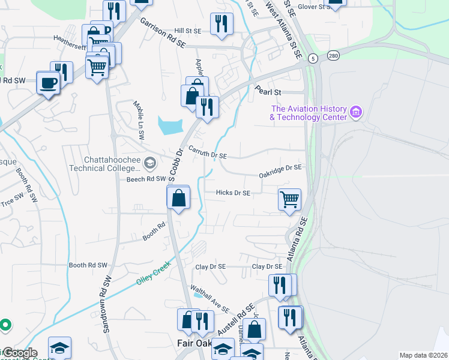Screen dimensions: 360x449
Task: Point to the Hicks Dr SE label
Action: pos(234,193)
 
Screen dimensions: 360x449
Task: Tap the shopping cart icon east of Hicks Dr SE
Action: pos(290,199)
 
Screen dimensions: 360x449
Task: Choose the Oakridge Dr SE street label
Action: pos(280,170)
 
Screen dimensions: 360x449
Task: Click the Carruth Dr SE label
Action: pos(207,152)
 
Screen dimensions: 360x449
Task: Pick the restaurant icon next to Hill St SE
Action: pos(221,24)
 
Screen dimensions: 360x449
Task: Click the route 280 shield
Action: pos(333,56)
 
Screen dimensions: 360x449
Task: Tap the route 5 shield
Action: pos(313,58)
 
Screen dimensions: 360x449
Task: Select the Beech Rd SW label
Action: pos(146,179)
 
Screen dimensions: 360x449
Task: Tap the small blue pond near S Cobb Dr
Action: pos(169,125)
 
